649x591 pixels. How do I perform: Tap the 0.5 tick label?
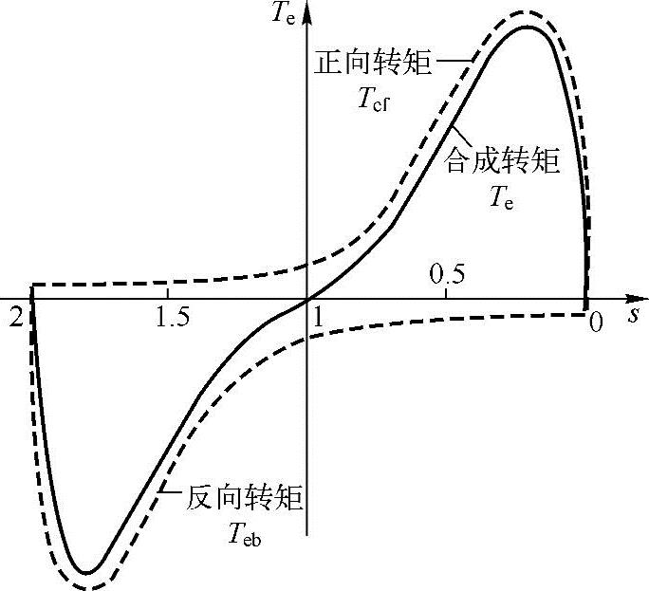(447, 277)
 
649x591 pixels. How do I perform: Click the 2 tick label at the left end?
(15, 317)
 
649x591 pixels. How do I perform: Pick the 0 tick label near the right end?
(595, 323)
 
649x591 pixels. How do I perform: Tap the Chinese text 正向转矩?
(374, 64)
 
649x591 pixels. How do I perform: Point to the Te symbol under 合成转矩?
(503, 198)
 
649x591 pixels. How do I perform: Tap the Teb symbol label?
(245, 536)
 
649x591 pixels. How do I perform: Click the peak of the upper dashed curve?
(523, 12)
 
